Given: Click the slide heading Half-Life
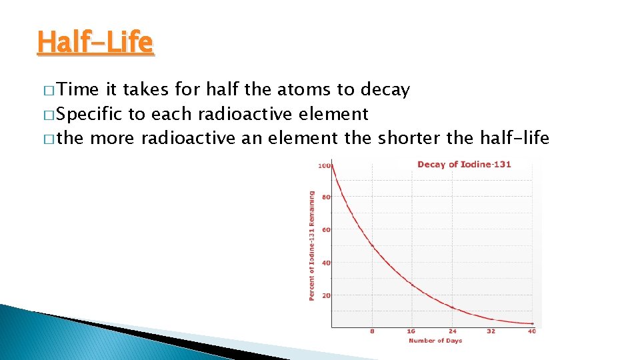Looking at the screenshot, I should [x=95, y=43].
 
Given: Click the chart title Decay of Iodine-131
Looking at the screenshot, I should [x=464, y=164].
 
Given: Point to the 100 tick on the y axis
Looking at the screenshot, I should [x=325, y=165].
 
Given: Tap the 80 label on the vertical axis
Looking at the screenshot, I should [x=326, y=197].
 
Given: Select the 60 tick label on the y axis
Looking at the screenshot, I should [x=326, y=230].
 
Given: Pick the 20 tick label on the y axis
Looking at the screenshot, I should [x=326, y=295].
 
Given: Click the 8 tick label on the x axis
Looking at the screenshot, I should [x=372, y=331].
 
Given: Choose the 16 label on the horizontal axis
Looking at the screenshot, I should [x=411, y=331].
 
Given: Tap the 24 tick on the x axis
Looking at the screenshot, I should [x=452, y=331].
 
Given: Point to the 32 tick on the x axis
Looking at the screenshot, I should [x=491, y=331].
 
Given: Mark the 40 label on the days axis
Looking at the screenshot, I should [x=531, y=331].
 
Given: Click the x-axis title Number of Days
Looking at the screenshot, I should [x=435, y=341].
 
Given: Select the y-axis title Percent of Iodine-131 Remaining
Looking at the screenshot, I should [x=311, y=246].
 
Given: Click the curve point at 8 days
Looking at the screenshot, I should [x=372, y=246].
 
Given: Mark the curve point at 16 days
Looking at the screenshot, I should [x=412, y=285].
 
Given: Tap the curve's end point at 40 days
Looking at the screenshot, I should [x=532, y=323].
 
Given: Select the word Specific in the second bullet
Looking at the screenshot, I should [x=93, y=114].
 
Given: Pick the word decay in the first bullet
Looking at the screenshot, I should [x=385, y=90].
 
